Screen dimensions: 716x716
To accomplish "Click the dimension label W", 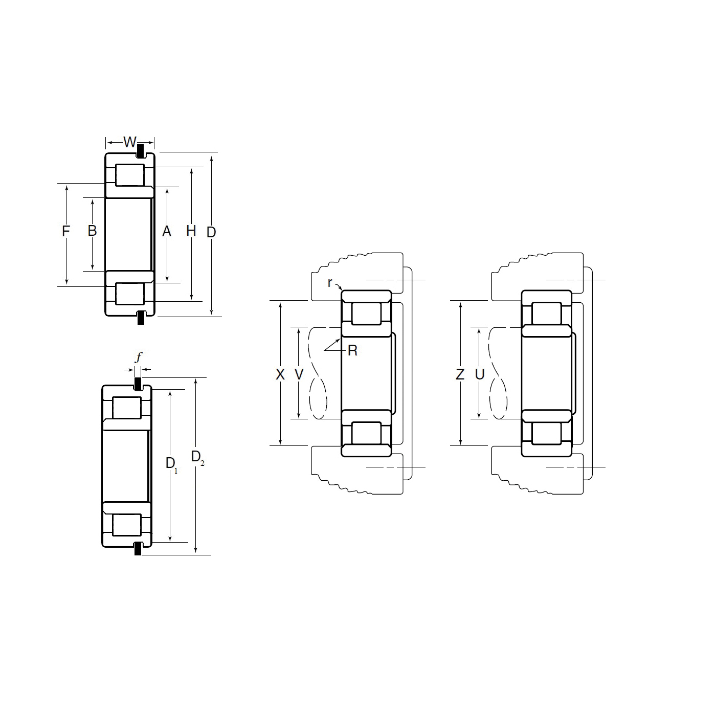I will click(130, 142).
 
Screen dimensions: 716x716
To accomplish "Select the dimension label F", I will click(65, 231).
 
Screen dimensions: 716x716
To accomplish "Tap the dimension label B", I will click(92, 231).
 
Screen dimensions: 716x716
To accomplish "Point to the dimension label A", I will click(166, 232).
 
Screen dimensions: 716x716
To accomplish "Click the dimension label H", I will click(191, 231).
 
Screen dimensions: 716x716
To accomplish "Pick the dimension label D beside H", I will click(211, 232).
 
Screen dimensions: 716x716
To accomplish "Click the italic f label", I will click(138, 357).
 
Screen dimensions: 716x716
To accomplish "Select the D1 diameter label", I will click(171, 464).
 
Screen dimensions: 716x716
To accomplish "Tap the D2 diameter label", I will click(197, 457).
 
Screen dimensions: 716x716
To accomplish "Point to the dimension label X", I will click(280, 374).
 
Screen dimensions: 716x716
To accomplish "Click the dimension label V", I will click(299, 374).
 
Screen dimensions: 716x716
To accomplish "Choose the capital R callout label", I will click(352, 351).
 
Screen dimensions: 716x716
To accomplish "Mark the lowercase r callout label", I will click(330, 282).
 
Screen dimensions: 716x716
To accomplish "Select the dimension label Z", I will click(460, 374).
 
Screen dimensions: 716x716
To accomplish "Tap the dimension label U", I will click(479, 374).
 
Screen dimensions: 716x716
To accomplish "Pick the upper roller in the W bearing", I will click(129, 175).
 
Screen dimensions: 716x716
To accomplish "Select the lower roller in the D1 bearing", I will click(126, 525).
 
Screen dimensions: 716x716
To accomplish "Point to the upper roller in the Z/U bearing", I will click(546, 314).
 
